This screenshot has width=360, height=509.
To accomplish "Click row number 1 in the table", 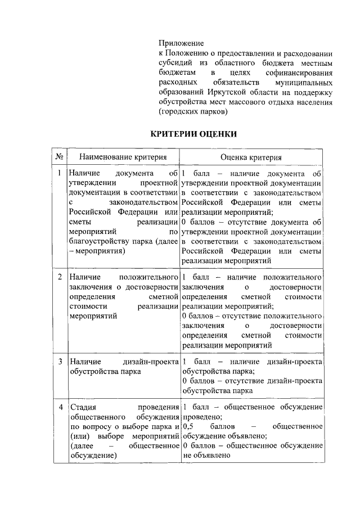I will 59,173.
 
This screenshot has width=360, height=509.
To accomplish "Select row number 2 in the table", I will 59,278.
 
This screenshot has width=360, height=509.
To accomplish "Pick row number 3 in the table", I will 59,360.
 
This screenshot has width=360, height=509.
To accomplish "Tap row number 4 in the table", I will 59,407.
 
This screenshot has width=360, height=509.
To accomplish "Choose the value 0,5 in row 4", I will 189,426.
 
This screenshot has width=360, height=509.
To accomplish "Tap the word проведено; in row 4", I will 202,417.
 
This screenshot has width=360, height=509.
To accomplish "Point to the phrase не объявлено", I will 206,456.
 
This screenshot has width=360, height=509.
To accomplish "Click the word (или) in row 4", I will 77,436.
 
